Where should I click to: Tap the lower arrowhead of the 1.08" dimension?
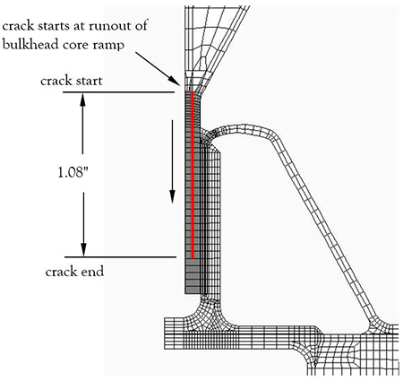point(83,250)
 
